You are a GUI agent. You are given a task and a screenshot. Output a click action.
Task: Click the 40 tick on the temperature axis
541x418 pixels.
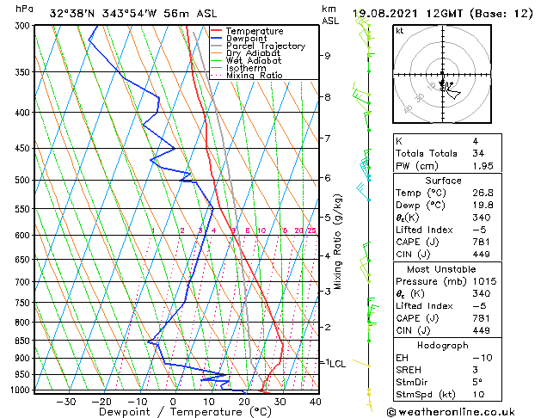point(315,401)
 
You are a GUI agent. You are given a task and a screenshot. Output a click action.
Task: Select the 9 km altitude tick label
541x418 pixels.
point(328,56)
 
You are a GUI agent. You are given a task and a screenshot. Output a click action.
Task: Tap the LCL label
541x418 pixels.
point(337,364)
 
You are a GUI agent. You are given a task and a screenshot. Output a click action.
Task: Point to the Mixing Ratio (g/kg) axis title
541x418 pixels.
point(339,241)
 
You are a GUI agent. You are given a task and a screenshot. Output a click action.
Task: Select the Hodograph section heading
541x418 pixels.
point(443,345)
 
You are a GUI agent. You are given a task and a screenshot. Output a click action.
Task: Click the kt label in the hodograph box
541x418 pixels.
point(399,31)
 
